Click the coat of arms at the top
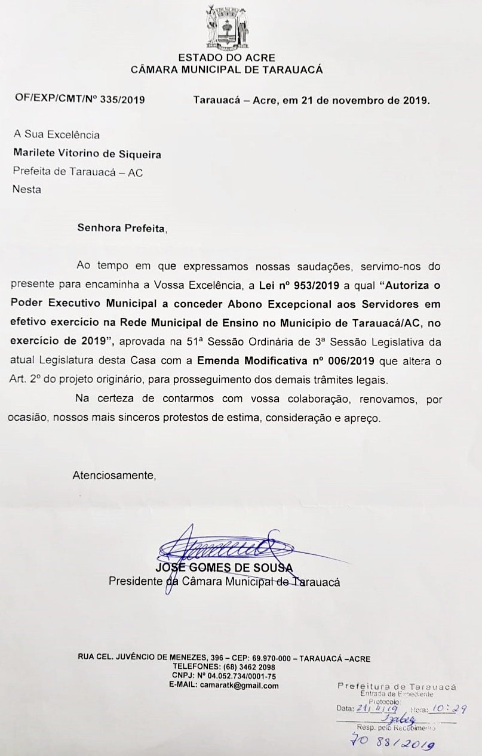(x=226, y=27)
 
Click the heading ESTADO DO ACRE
(x=226, y=58)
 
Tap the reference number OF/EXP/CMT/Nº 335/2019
(x=79, y=100)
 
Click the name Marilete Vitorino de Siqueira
(x=87, y=154)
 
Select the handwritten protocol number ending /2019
(x=393, y=743)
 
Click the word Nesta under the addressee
(x=27, y=190)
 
